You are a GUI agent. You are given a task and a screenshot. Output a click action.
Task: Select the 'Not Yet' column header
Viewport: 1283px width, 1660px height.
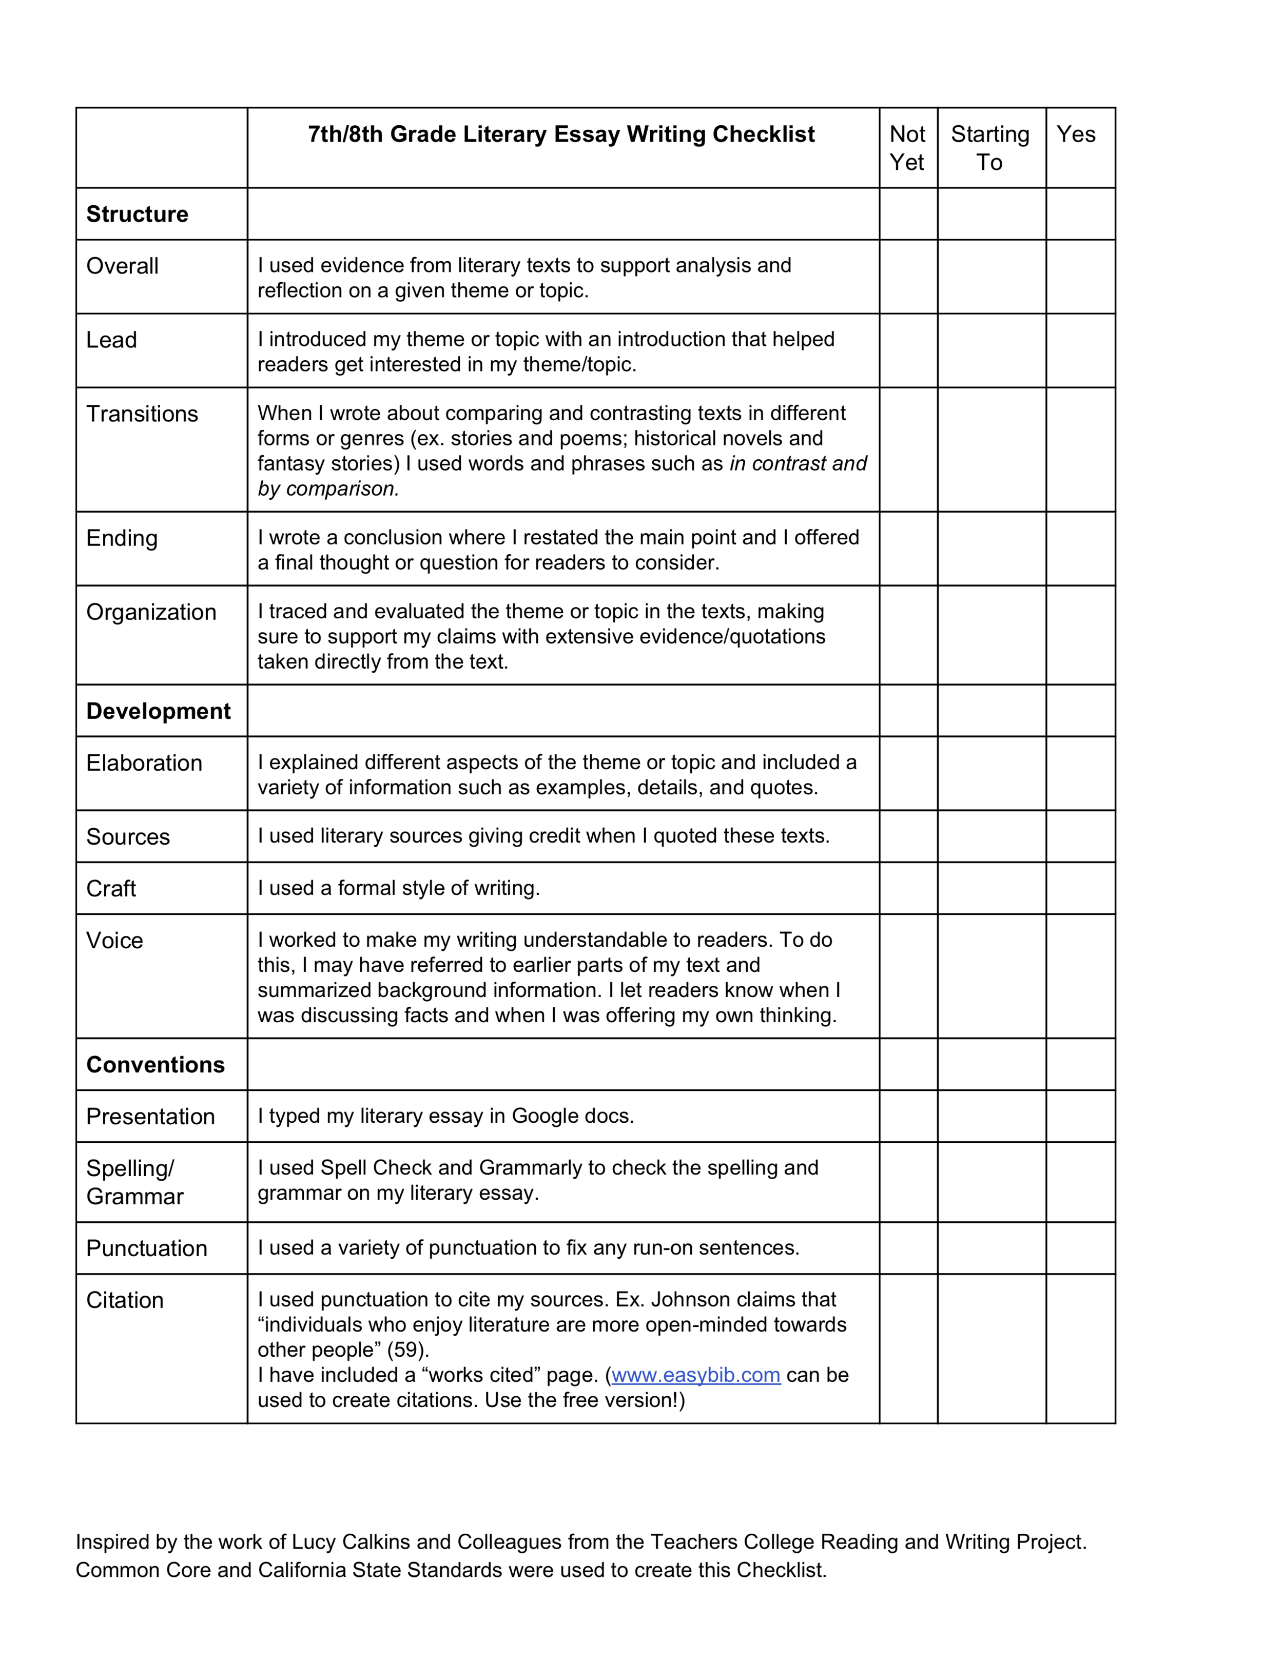point(907,148)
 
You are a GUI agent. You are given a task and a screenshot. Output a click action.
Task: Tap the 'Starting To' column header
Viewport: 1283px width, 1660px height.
point(990,148)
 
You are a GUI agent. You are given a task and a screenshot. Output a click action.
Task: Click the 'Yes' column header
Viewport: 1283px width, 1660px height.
point(1076,134)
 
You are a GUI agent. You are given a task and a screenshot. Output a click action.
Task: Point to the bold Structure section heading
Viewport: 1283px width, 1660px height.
point(137,214)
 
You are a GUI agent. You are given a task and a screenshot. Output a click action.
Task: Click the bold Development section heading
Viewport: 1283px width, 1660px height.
point(158,711)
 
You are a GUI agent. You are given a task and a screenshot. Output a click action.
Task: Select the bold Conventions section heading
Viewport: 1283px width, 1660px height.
point(155,1065)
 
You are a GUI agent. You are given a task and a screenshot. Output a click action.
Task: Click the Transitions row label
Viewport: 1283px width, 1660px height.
point(142,414)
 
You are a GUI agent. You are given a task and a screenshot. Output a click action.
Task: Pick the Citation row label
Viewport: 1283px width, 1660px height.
point(125,1300)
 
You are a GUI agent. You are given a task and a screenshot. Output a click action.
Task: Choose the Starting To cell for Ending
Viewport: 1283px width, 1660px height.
point(991,549)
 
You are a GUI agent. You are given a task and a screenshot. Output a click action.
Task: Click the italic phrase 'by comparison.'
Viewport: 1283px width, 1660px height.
point(328,489)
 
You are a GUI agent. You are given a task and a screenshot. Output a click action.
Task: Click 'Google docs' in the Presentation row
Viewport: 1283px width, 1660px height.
point(572,1116)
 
